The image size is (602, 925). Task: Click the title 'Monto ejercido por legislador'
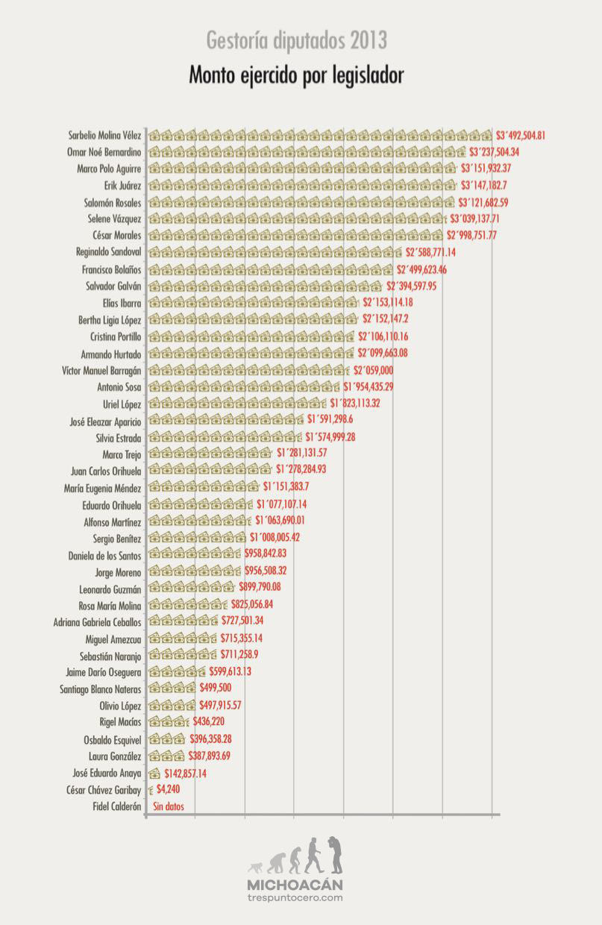tap(296, 76)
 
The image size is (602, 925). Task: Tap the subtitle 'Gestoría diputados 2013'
tap(296, 40)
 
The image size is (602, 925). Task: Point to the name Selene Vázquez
tap(113, 219)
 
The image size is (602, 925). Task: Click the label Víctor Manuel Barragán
tap(101, 371)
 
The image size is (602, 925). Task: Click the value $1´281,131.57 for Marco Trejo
tap(301, 454)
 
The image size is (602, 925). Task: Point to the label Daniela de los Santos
tap(104, 556)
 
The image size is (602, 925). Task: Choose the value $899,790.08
tap(260, 588)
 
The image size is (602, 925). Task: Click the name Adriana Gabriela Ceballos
tap(97, 622)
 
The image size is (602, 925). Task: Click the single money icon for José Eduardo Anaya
tap(155, 774)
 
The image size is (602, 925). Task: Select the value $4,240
tap(168, 789)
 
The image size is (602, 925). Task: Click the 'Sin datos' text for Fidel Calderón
tap(169, 806)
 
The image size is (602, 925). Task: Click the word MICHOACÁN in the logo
tap(295, 884)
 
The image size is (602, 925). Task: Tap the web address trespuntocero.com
tap(295, 897)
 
